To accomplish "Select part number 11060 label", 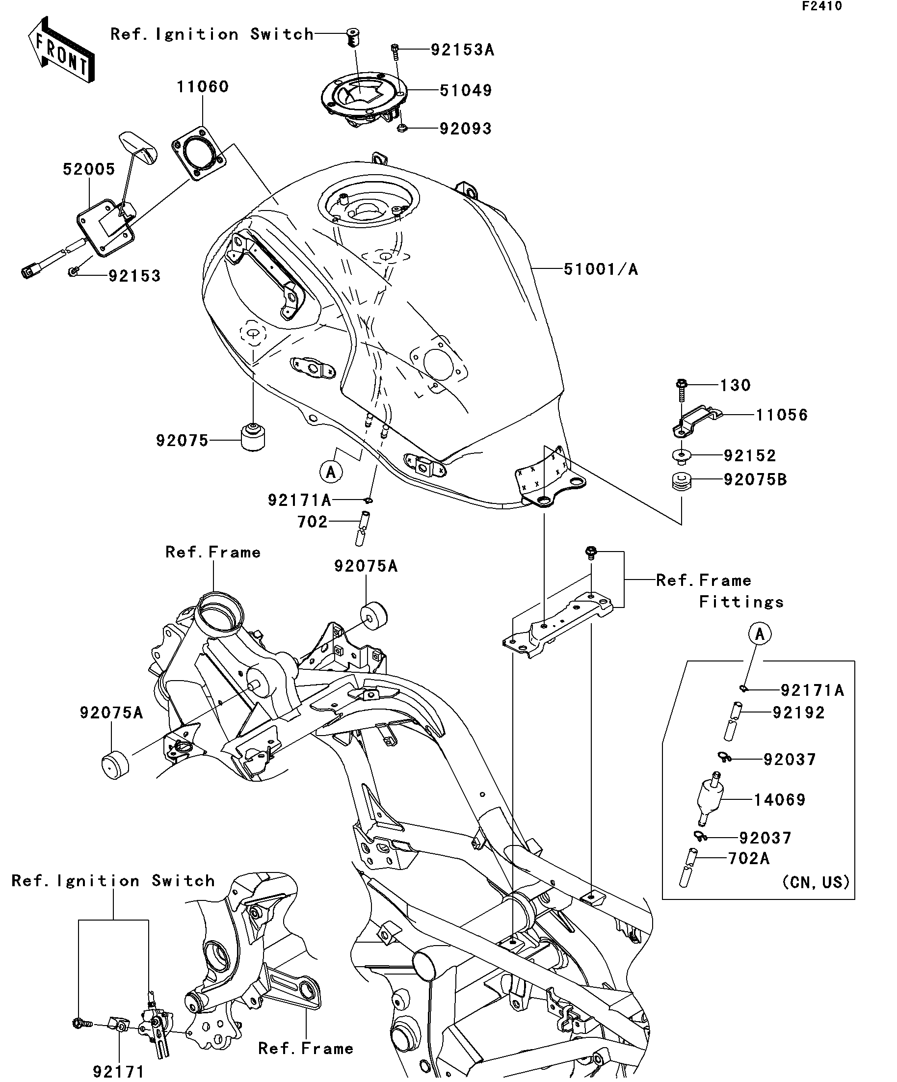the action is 203,86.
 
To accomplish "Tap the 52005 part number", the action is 89,169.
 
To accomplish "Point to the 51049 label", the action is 466,91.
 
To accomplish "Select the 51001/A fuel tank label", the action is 601,269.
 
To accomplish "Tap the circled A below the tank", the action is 331,472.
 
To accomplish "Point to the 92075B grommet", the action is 682,482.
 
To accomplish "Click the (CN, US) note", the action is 816,882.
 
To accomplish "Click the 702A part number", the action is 749,858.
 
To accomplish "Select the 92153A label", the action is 462,50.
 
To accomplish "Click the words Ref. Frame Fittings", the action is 720,591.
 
